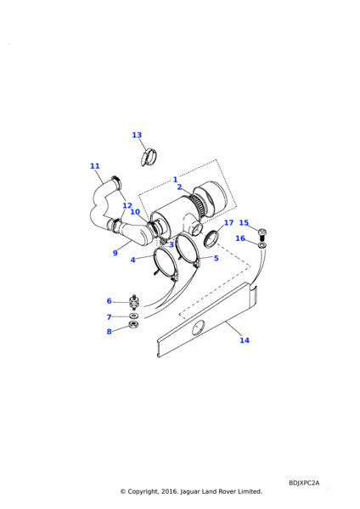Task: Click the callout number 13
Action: [x=137, y=135]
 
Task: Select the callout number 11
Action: [x=95, y=166]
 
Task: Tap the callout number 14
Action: [x=245, y=340]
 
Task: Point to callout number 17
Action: [x=228, y=222]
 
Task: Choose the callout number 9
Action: [x=115, y=253]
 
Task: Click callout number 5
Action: [x=216, y=258]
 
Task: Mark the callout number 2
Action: [x=179, y=187]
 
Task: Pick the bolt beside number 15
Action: [x=262, y=233]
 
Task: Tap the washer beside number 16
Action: [x=262, y=245]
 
